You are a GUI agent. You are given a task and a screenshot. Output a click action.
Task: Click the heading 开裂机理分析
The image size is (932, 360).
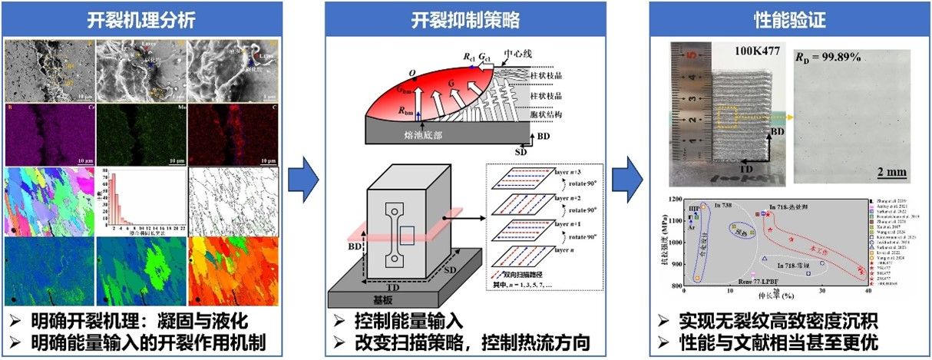click(141, 19)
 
